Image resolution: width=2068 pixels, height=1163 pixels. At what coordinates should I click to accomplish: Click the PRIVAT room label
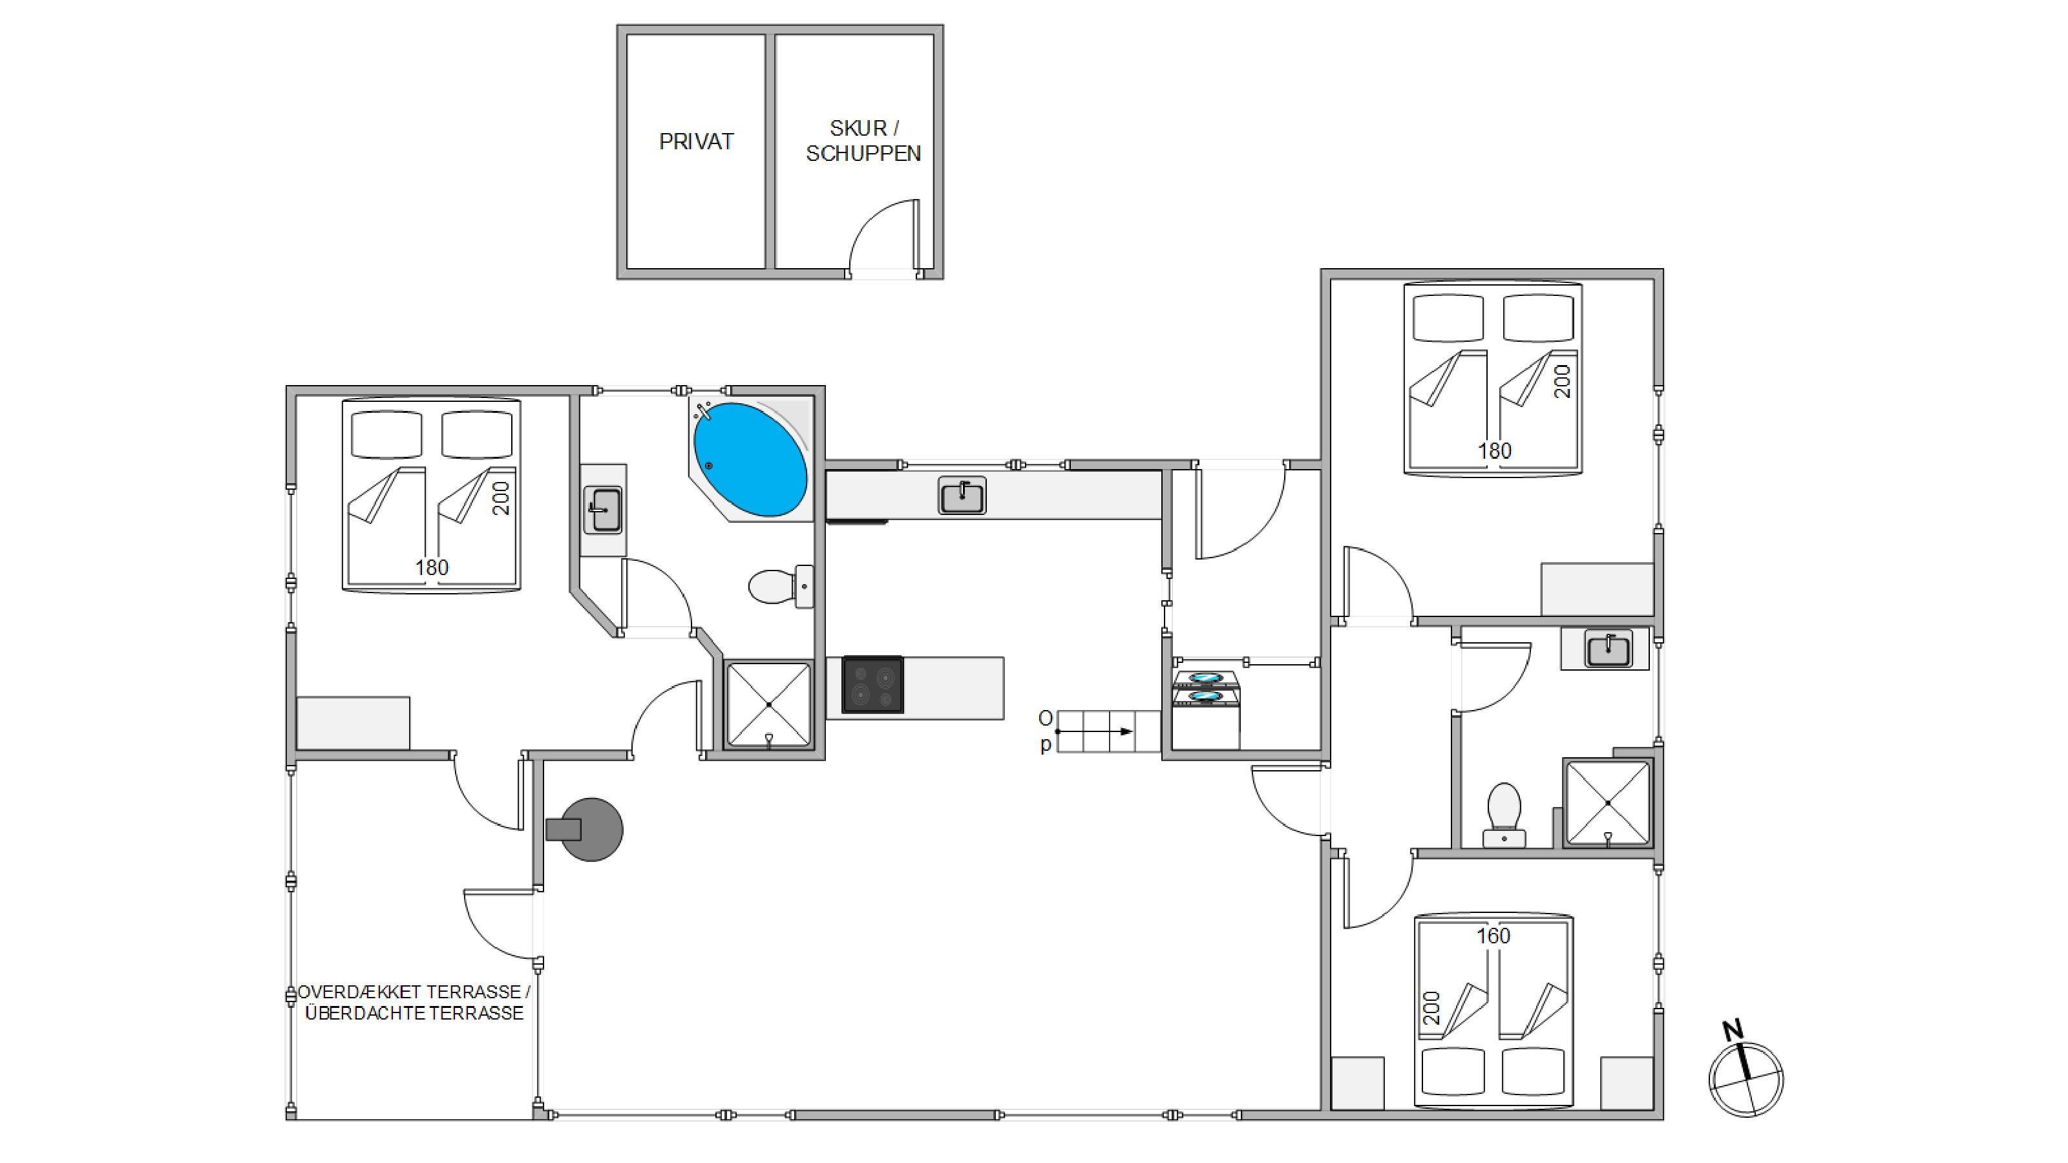coord(696,142)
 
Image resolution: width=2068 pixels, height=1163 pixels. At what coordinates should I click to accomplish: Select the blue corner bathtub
coord(750,460)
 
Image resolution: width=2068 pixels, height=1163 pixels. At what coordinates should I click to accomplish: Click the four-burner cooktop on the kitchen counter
coord(872,685)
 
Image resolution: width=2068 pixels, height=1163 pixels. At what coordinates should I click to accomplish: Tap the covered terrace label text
coord(414,1003)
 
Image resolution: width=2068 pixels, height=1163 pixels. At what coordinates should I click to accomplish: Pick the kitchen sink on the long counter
coord(962,495)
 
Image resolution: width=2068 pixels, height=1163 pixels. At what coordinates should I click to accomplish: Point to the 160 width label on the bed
coord(1493,936)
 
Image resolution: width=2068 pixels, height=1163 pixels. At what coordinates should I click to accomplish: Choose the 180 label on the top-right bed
coord(1495,451)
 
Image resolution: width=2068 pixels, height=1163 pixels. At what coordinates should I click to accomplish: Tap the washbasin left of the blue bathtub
coord(602,510)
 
